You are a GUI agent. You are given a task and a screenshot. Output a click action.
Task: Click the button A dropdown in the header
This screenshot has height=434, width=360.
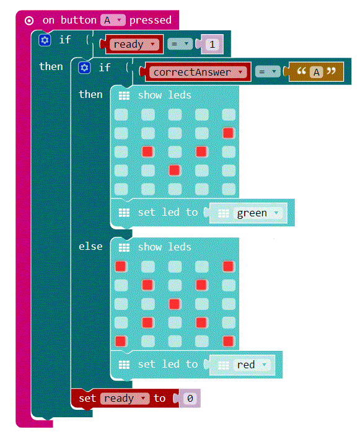[x=113, y=20]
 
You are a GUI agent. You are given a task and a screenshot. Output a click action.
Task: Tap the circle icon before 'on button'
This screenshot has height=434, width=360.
[x=29, y=20]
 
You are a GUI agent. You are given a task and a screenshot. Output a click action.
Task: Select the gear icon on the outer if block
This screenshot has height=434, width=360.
[x=45, y=40]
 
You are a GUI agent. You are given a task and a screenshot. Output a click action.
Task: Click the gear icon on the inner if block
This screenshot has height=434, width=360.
[x=84, y=68]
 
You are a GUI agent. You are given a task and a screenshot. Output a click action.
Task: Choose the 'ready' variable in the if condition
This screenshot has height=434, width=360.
[x=134, y=44]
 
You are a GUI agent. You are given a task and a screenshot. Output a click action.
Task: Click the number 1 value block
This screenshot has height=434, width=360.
[x=213, y=44]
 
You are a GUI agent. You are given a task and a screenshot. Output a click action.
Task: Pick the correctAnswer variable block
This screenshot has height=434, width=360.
[x=198, y=73]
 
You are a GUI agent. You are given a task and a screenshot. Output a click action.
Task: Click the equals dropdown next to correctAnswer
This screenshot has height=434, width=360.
[x=268, y=72]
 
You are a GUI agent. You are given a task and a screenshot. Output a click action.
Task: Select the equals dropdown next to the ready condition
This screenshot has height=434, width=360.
[x=180, y=44]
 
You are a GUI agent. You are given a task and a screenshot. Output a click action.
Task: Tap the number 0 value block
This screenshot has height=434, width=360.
[x=190, y=398]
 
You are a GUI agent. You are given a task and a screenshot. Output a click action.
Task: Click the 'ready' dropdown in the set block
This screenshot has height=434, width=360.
[x=125, y=398]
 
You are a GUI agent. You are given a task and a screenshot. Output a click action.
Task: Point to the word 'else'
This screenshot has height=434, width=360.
[x=90, y=246]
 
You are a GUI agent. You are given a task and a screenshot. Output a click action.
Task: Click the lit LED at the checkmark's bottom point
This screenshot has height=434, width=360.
[x=174, y=170]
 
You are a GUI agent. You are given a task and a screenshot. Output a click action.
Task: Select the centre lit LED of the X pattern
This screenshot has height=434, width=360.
[x=174, y=304]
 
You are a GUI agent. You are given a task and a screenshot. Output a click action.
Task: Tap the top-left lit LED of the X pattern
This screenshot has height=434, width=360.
[x=121, y=266]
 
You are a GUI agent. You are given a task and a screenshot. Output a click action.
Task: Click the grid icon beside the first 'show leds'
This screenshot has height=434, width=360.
[x=124, y=95]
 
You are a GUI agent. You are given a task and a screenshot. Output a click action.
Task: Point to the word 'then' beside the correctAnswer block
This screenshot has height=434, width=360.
[x=90, y=94]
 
